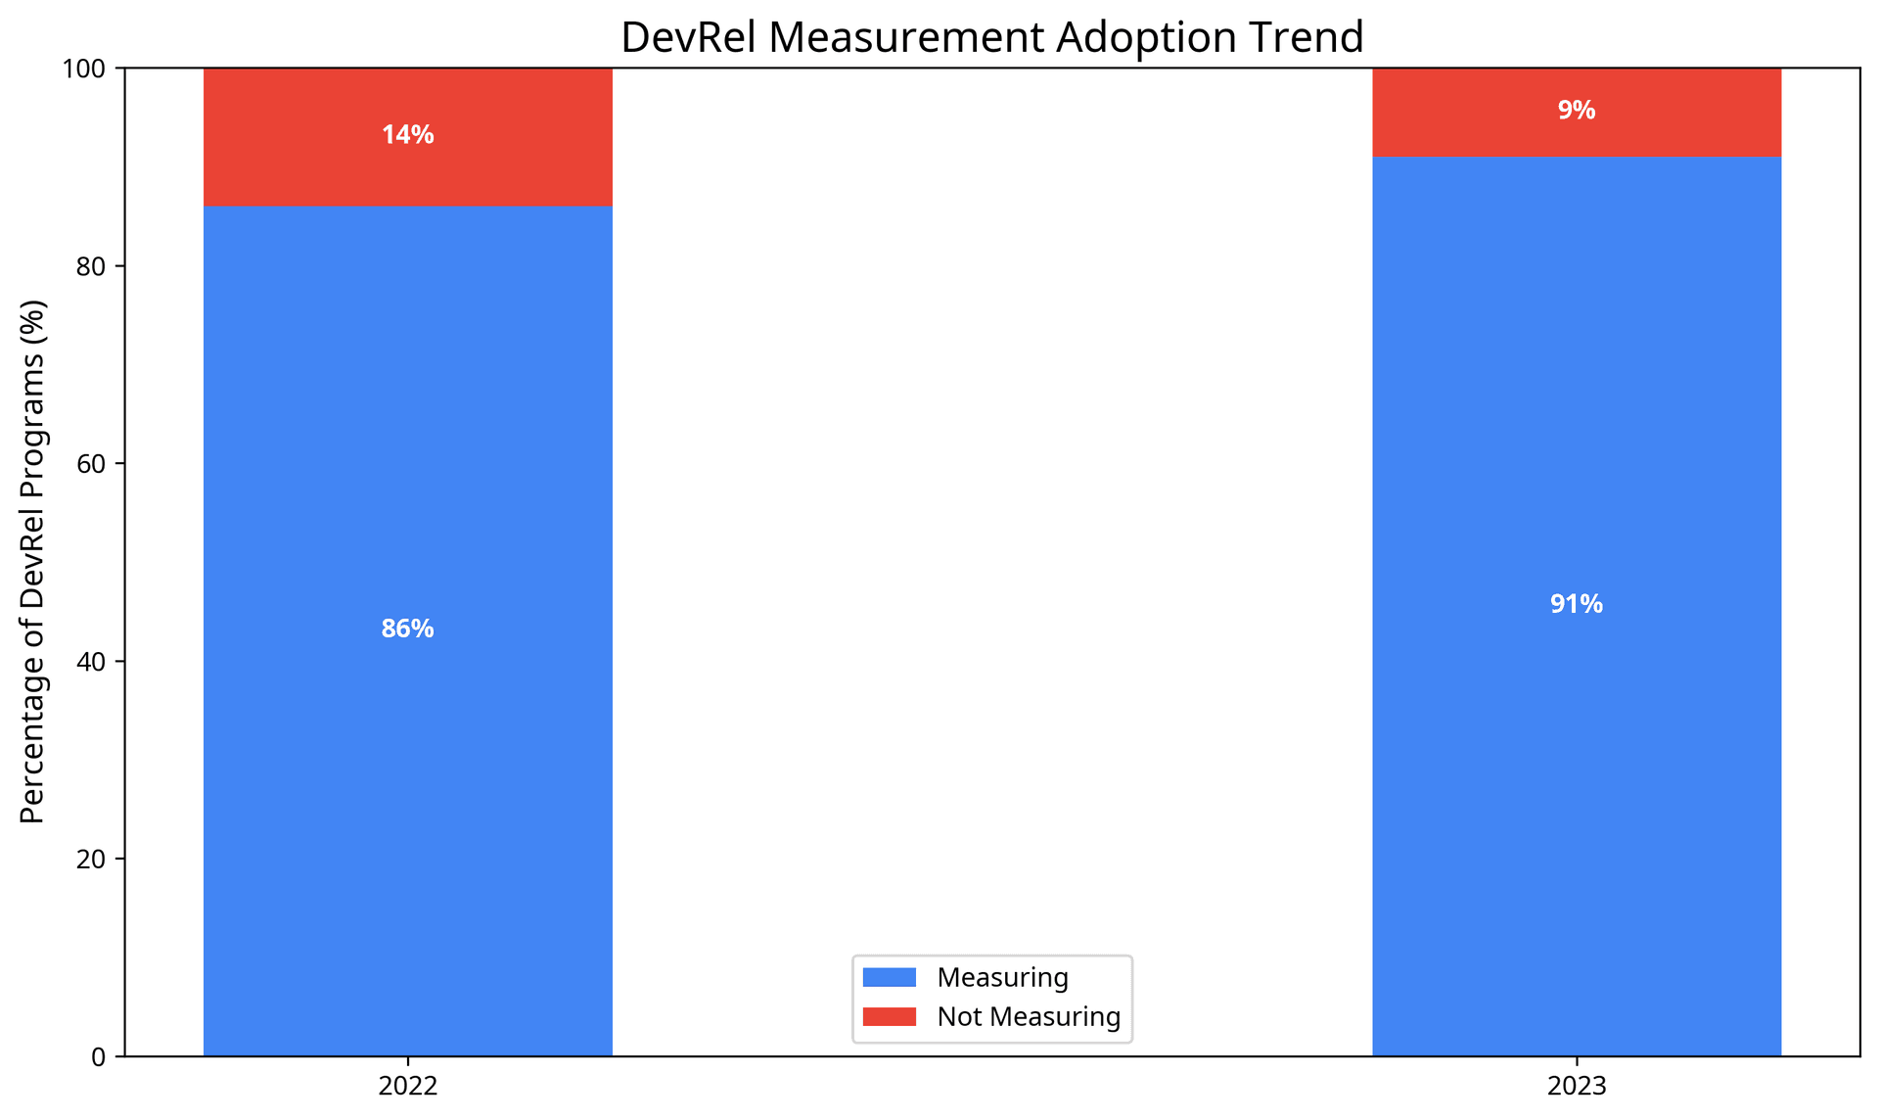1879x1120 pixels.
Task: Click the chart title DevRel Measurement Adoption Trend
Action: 991,37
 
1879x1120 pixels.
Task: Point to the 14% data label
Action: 407,135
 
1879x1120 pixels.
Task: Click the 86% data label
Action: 407,629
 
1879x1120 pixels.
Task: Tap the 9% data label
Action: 1576,111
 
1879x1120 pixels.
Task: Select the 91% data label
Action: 1576,604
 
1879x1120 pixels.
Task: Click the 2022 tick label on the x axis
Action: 407,1086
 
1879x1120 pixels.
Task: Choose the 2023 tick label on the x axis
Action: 1576,1086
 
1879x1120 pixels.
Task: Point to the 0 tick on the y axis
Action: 98,1056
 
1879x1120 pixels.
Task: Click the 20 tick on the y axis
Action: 91,859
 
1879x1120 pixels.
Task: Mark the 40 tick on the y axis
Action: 91,661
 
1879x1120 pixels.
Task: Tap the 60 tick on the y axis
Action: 91,463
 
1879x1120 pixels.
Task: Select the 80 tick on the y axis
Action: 91,266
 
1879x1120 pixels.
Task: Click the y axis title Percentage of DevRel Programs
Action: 32,561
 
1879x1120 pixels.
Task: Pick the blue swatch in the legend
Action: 889,977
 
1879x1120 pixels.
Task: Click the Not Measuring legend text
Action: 1028,1016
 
